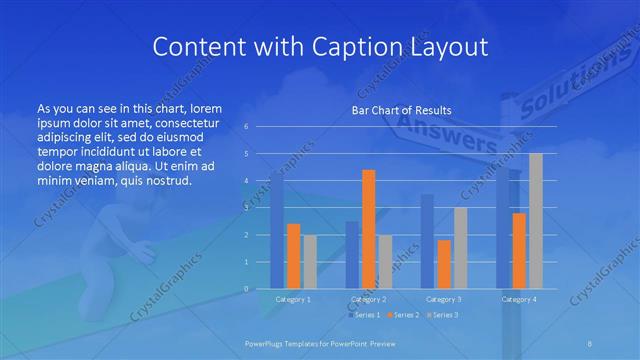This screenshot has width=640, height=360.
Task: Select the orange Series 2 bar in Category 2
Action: (x=368, y=229)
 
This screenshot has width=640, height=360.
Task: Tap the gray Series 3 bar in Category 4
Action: (x=535, y=221)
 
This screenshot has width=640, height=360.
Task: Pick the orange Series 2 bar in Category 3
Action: (x=443, y=264)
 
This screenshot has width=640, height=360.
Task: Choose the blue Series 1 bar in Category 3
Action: (x=427, y=241)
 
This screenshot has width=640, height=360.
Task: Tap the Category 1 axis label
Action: (x=293, y=298)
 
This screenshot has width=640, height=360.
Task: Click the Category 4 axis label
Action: (x=519, y=298)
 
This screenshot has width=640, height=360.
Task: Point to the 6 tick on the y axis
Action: (x=246, y=127)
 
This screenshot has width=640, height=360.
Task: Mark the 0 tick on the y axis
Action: (x=246, y=289)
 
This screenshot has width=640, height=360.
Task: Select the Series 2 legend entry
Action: (x=401, y=315)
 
